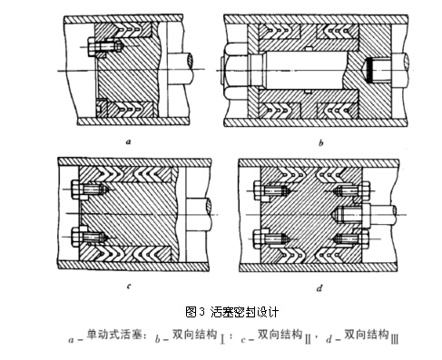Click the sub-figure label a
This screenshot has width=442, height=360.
point(129,141)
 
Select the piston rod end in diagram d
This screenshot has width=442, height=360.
point(378,216)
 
